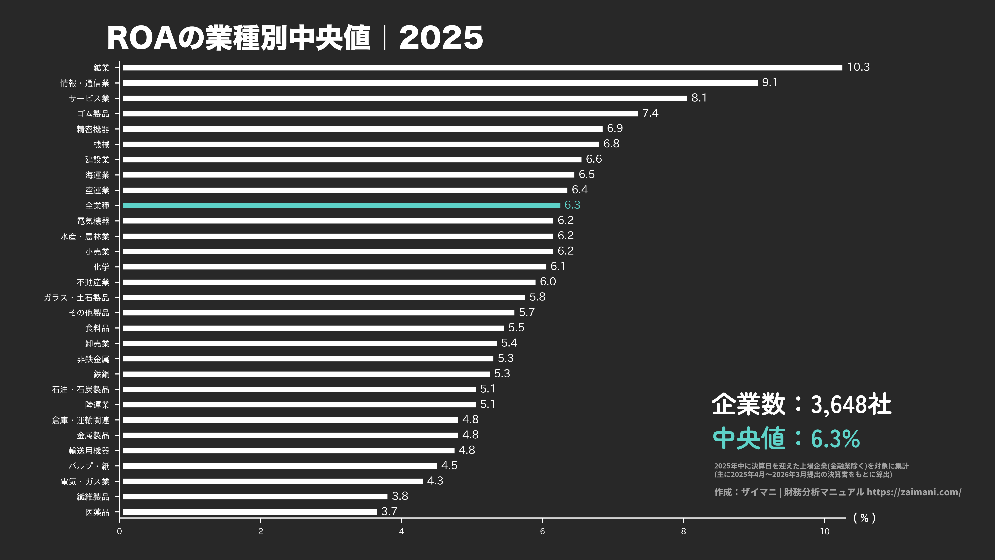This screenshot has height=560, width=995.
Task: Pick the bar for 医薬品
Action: [250, 512]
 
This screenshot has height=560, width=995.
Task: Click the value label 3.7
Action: [389, 511]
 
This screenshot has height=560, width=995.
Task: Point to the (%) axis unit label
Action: [864, 518]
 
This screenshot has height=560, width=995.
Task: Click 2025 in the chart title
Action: [441, 38]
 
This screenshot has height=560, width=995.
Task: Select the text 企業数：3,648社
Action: [801, 404]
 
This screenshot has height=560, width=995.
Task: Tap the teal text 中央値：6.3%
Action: [786, 438]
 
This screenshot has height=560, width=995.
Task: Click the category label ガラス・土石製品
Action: [76, 297]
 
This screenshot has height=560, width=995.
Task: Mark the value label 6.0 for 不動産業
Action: [548, 282]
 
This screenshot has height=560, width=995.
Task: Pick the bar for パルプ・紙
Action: [280, 466]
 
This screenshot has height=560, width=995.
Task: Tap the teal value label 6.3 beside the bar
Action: [572, 205]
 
